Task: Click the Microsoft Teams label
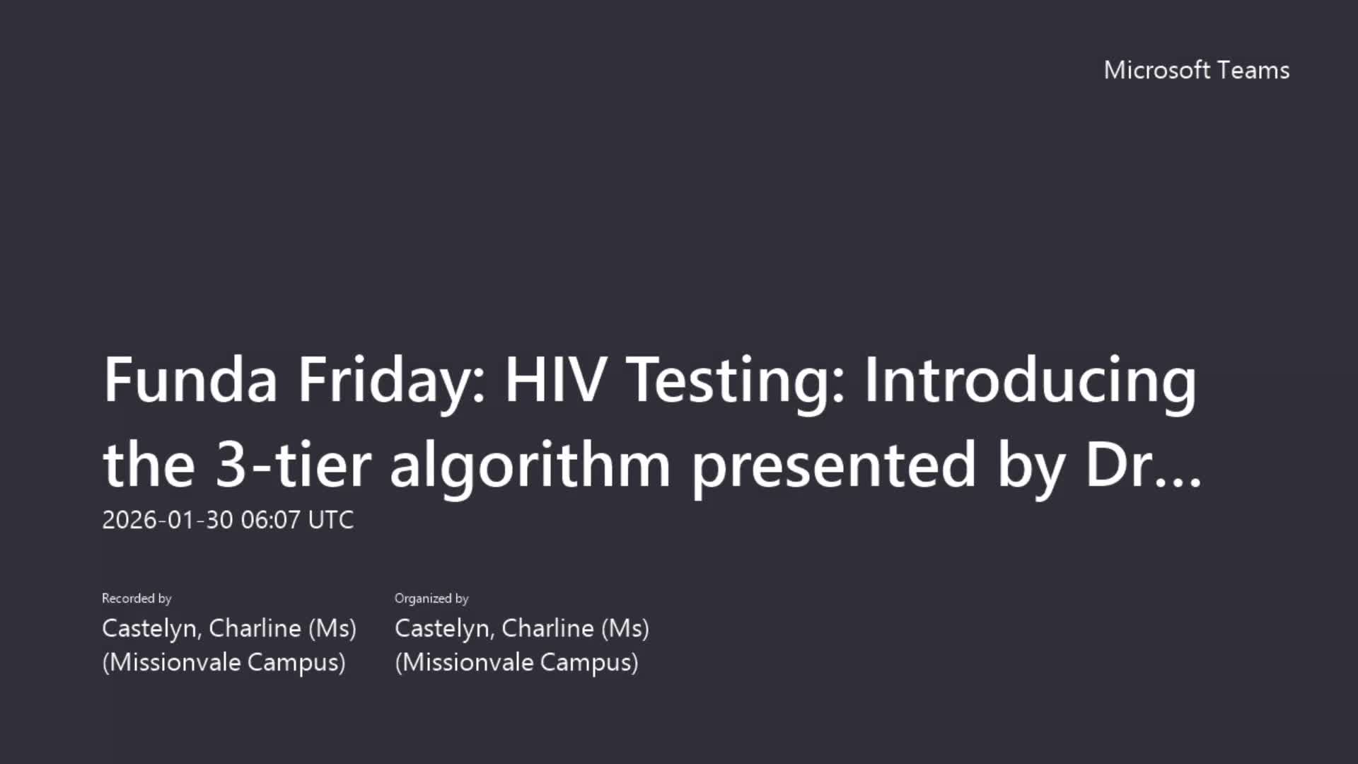(x=1197, y=70)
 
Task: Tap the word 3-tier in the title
(x=294, y=464)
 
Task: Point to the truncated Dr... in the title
(x=1144, y=464)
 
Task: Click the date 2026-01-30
(x=168, y=520)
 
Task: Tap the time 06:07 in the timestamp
(x=271, y=520)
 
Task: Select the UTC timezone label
(x=331, y=520)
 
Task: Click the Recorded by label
(x=137, y=598)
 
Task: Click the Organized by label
(x=431, y=598)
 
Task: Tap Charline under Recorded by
(x=255, y=628)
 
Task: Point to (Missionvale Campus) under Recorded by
(x=224, y=663)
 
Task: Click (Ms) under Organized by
(x=625, y=629)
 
